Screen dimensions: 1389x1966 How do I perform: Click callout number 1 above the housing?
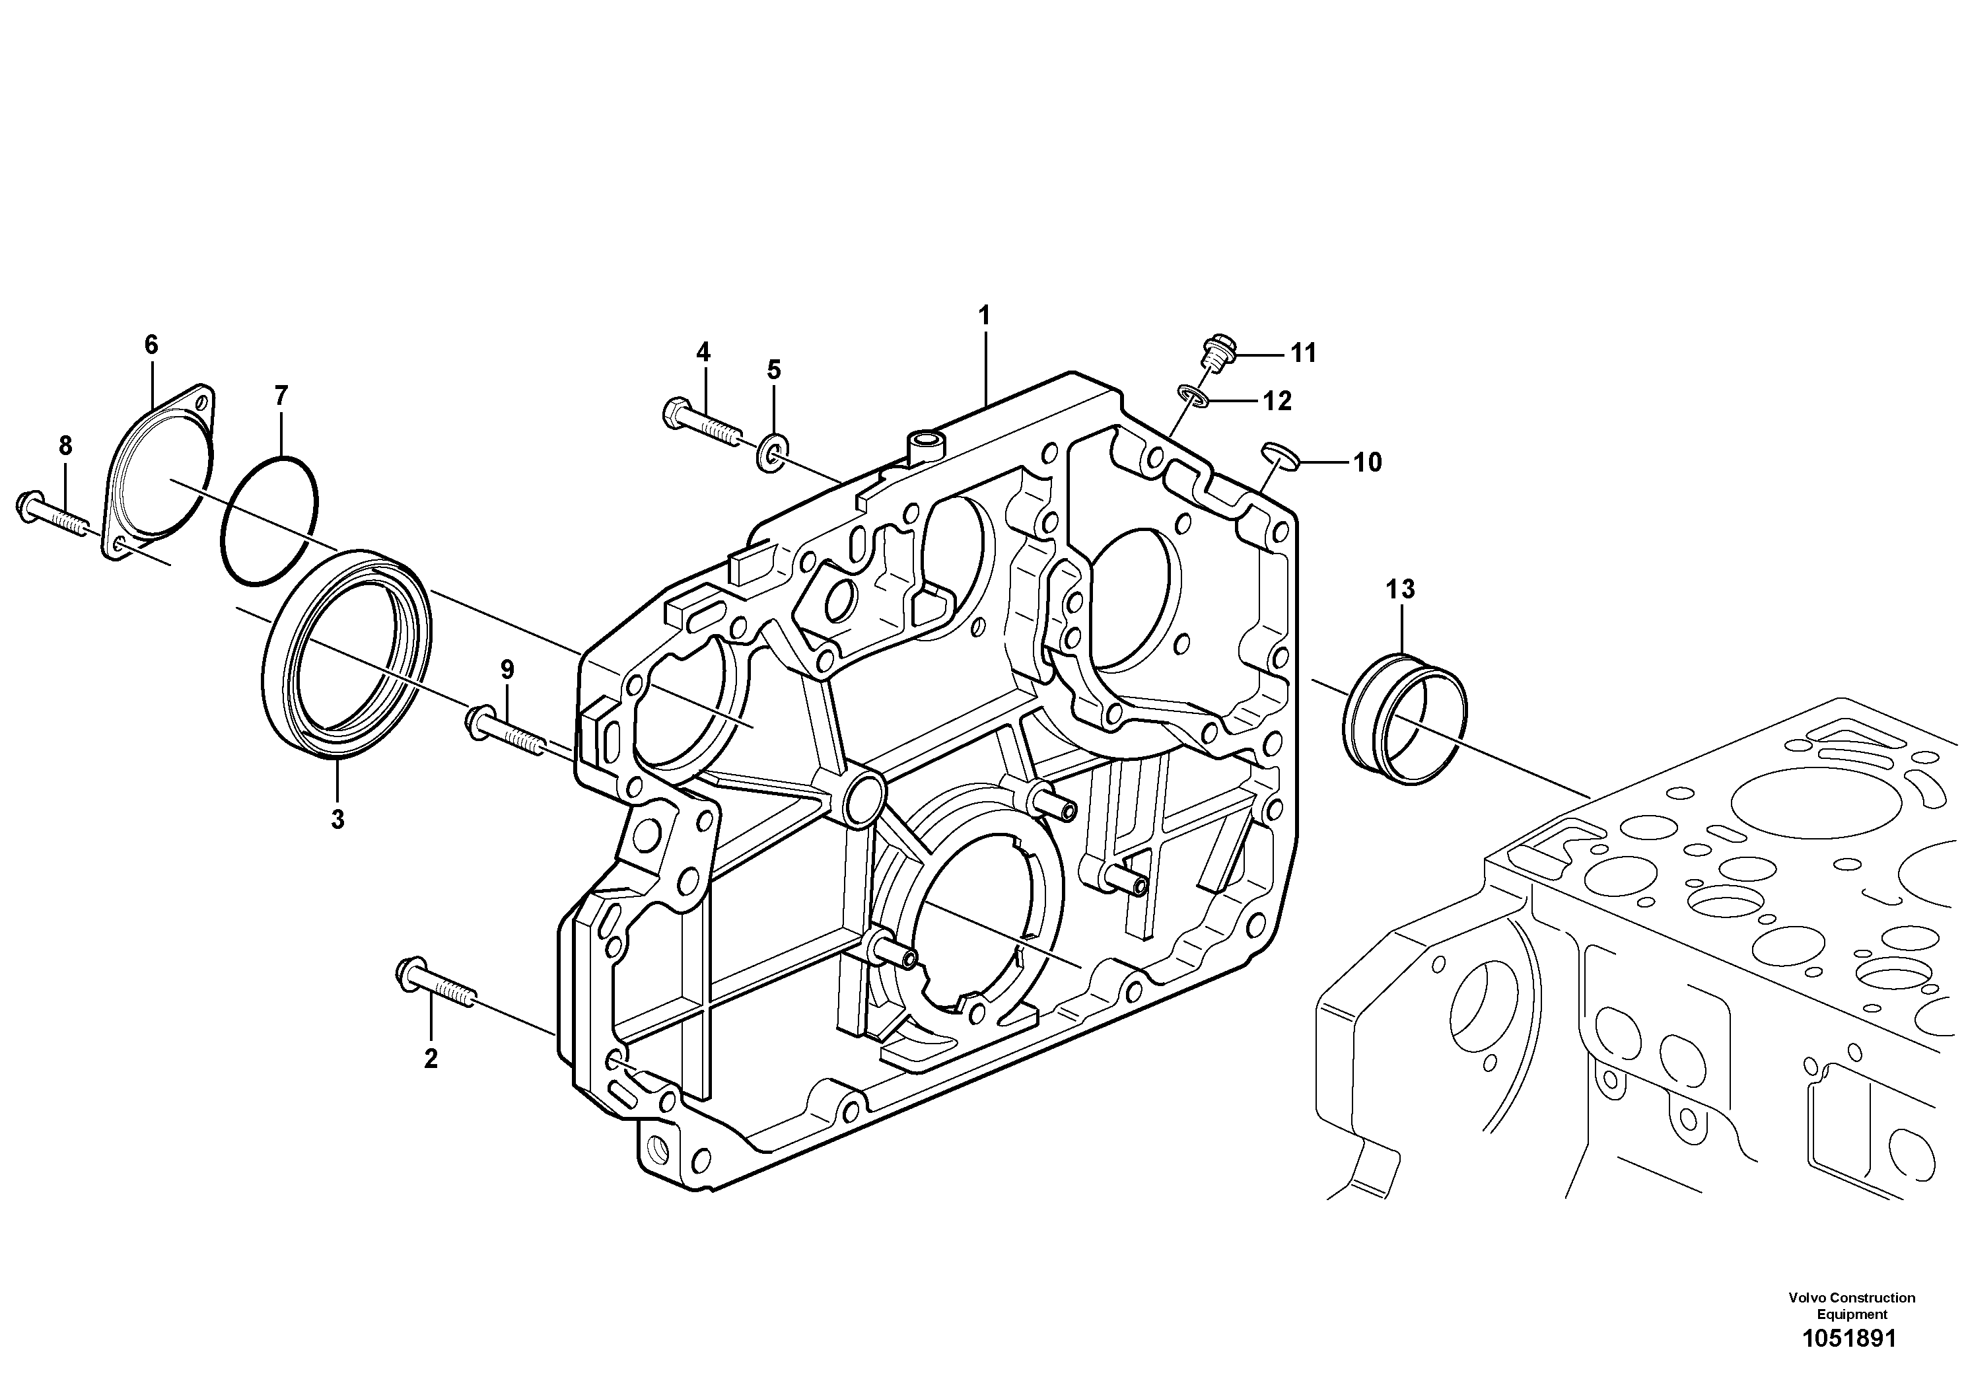(984, 315)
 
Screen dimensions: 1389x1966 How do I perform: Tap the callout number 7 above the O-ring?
(281, 396)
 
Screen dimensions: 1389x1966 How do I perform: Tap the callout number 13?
(1401, 589)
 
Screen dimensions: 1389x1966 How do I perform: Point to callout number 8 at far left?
(65, 446)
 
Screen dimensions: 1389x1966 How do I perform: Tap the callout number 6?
(151, 345)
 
